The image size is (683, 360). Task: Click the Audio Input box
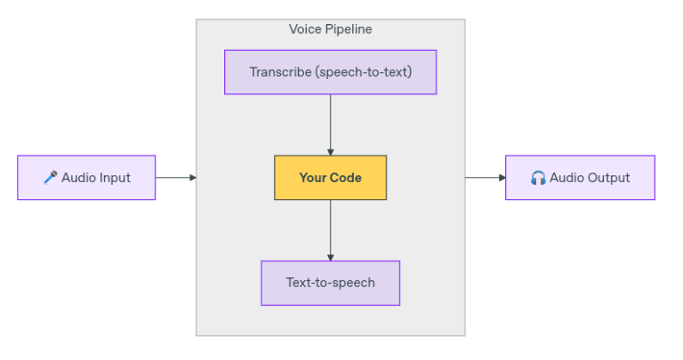[86, 178]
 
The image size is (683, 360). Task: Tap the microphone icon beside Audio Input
[51, 178]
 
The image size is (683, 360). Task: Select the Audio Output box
[580, 178]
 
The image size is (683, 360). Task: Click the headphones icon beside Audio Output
[538, 178]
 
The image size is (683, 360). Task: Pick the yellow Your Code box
[330, 178]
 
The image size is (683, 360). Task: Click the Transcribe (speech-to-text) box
[330, 72]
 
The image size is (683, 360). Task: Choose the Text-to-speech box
[330, 283]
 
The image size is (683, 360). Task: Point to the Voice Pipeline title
[330, 29]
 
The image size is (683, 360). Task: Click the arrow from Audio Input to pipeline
[175, 178]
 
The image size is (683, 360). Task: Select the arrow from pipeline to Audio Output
[485, 178]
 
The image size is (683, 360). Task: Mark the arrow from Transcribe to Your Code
[330, 124]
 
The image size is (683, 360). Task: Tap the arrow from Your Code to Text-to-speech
[330, 229]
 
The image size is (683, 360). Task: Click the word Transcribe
[280, 72]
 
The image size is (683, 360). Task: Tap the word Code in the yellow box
[346, 178]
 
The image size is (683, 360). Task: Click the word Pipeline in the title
[348, 29]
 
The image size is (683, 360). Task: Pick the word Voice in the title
[304, 29]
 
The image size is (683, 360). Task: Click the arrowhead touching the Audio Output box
[502, 178]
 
